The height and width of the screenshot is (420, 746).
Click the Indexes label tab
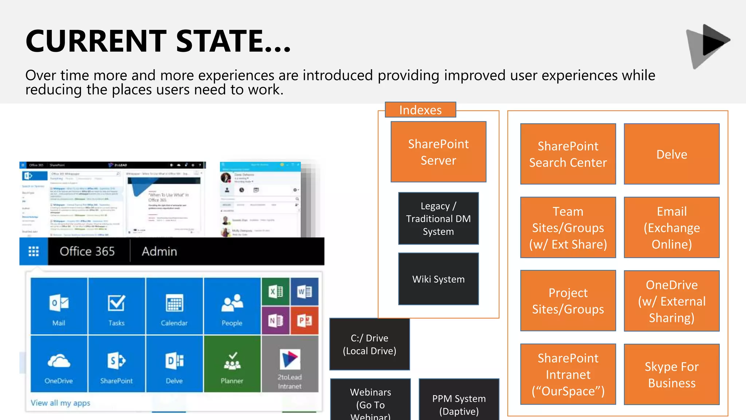coord(420,110)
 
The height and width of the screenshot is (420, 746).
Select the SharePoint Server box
coord(438,152)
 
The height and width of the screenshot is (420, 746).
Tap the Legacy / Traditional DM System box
coord(438,218)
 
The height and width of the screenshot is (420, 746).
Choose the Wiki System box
coord(438,279)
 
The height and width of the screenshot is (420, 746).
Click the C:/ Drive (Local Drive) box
coord(369,344)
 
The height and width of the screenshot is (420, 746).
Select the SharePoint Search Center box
coord(568,154)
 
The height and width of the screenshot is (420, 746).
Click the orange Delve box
coord(671,154)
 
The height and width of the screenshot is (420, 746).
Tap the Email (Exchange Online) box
coord(671,227)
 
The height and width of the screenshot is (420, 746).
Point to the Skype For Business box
coord(671,374)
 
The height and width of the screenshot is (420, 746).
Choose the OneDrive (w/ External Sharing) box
coord(671,301)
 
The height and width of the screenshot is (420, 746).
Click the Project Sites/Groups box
coord(568,301)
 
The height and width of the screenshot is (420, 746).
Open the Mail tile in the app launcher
coord(59,306)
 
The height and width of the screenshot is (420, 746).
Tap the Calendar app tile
coord(174,306)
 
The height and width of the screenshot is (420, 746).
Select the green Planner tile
coord(232,364)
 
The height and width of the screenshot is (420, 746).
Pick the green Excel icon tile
coord(276,292)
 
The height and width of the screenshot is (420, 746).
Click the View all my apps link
coord(60,403)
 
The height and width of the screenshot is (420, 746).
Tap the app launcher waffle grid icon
coord(34,251)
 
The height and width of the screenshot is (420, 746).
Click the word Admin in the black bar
coord(159,251)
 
